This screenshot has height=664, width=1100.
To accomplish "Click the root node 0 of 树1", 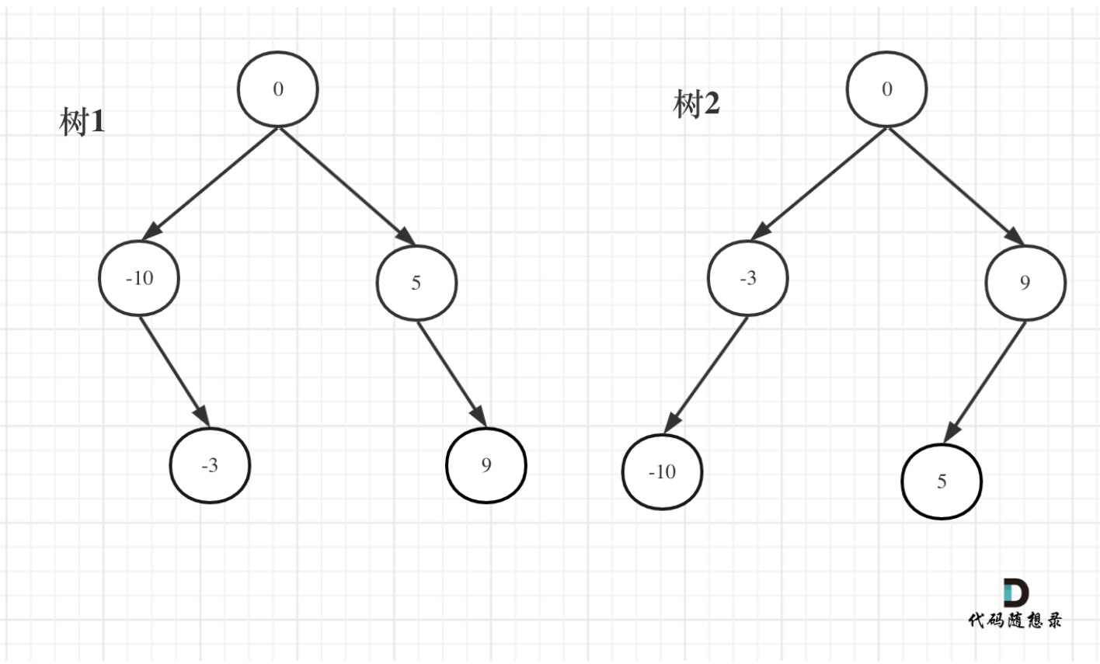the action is tap(278, 89).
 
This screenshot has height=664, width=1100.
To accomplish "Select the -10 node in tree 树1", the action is tap(139, 278).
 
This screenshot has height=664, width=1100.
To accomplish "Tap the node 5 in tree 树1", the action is tap(416, 282).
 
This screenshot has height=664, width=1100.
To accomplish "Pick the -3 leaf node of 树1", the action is tap(210, 465).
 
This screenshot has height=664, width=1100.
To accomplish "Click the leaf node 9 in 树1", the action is tap(486, 464).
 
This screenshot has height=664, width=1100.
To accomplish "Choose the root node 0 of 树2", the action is tap(886, 89).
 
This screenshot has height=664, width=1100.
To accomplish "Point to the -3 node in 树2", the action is tap(747, 278).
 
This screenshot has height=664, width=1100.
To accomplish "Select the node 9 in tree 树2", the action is tap(1025, 282).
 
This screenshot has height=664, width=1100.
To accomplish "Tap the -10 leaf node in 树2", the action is tap(662, 471).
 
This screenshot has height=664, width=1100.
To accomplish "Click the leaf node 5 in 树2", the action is tap(942, 481).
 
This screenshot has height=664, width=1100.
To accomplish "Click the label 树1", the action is tap(82, 122).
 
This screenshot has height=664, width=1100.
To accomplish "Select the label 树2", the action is tap(696, 103).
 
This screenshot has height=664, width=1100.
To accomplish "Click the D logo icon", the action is tap(1016, 593).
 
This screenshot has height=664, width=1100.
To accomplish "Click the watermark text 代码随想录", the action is tap(1015, 619).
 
